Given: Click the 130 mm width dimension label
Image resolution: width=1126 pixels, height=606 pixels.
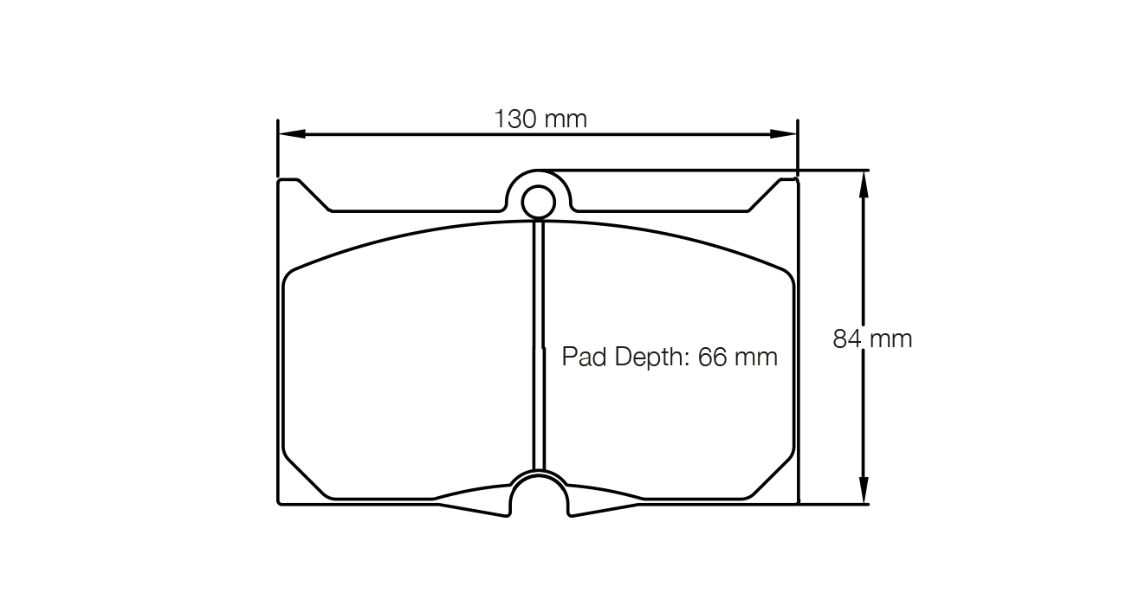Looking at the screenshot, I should [x=540, y=119].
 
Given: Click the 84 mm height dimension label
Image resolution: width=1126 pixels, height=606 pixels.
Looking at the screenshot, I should [x=872, y=338].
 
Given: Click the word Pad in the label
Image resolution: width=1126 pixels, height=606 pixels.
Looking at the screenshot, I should [x=584, y=357].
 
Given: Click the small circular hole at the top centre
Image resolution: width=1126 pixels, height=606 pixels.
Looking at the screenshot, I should [x=538, y=203].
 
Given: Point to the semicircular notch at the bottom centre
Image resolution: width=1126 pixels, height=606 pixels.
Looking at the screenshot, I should [x=538, y=498].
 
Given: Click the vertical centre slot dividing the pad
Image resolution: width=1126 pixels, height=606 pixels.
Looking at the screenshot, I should [x=538, y=346].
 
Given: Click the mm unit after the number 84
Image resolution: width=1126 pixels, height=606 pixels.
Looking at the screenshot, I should [x=891, y=338].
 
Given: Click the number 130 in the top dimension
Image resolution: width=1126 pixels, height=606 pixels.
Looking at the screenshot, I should [x=517, y=119].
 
